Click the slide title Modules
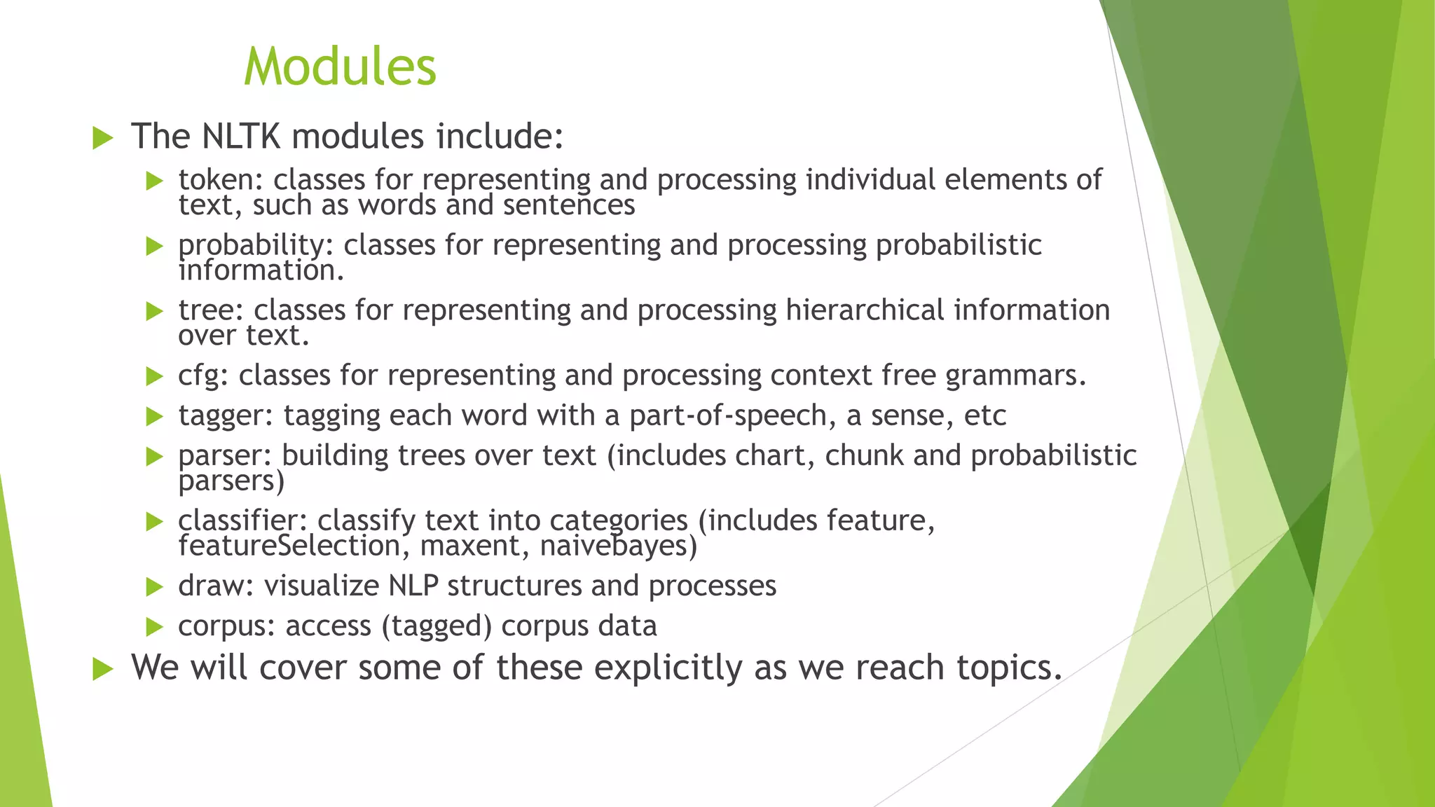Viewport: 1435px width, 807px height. [x=340, y=67]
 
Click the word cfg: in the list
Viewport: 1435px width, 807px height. [x=203, y=376]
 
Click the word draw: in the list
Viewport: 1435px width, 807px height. [x=216, y=586]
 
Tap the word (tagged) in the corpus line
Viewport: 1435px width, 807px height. [x=437, y=626]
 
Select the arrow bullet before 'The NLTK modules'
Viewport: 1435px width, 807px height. [x=102, y=138]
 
